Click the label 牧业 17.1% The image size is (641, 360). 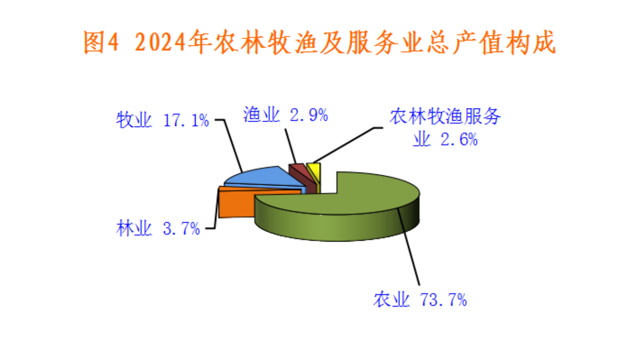[163, 120]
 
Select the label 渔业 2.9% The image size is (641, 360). [285, 115]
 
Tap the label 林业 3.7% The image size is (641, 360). [158, 228]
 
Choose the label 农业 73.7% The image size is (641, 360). [420, 300]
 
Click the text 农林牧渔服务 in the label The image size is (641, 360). [445, 117]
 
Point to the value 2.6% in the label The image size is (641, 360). [459, 140]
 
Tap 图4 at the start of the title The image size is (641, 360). [101, 42]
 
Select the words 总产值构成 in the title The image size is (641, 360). [492, 42]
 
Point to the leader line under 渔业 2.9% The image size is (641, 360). [290, 146]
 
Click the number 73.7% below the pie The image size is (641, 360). [444, 300]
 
